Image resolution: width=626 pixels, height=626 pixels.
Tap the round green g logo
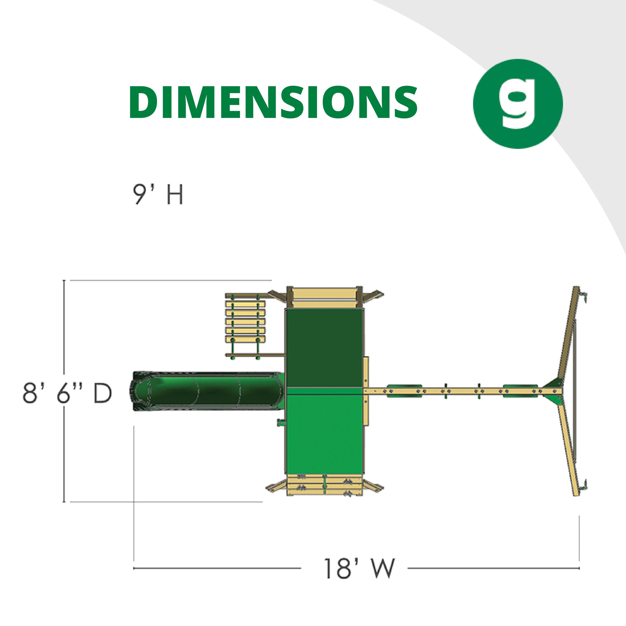518,104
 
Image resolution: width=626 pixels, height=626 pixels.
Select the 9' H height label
158,194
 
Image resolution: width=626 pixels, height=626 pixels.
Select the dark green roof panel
324,347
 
